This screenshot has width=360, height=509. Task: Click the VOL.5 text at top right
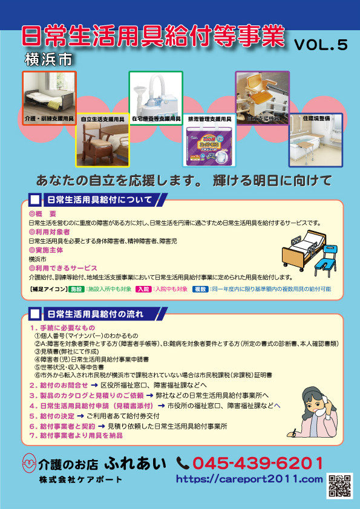(x=321, y=45)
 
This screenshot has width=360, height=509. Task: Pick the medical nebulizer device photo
(x=155, y=92)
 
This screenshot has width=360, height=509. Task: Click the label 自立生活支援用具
(x=102, y=120)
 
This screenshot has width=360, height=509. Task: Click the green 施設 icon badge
(x=76, y=290)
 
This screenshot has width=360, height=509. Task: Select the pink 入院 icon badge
(x=143, y=290)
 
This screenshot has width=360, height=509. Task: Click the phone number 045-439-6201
(x=257, y=464)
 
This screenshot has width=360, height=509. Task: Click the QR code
(x=340, y=486)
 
